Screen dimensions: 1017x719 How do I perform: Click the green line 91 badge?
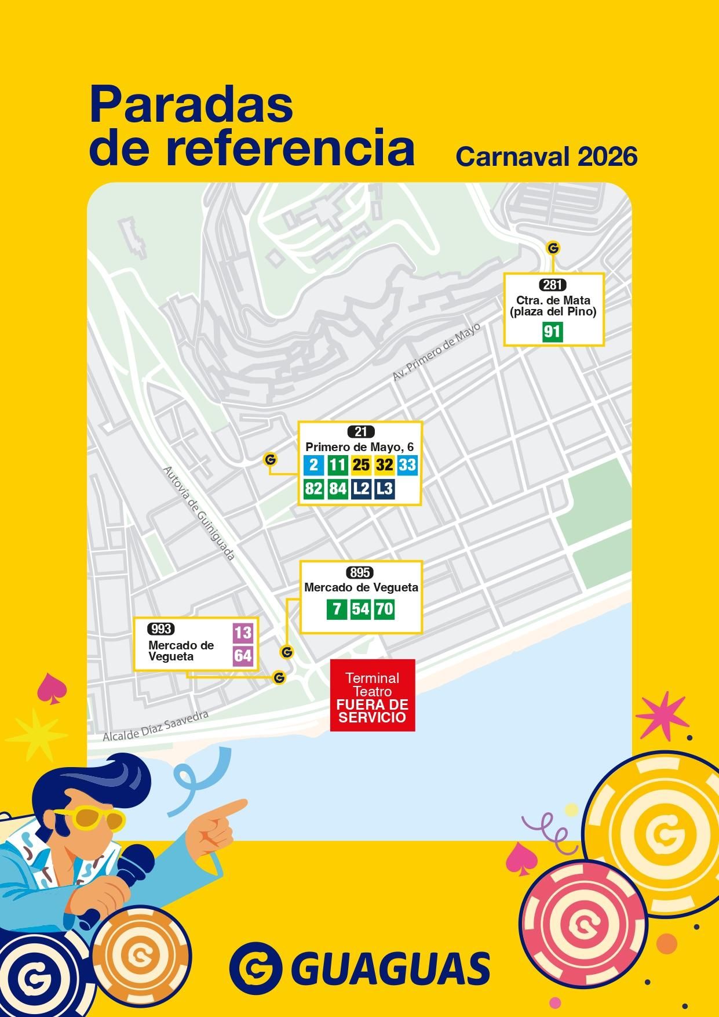552,332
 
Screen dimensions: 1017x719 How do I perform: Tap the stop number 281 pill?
553,285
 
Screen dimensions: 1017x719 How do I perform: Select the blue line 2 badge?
313,465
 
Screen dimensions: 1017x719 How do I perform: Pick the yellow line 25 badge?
361,465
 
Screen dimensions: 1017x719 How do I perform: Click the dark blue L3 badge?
384,489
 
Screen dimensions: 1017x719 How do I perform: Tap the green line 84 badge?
337,489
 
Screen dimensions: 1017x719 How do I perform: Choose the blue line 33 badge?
408,465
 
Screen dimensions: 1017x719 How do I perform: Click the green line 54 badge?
360,609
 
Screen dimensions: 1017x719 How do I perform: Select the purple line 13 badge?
243,633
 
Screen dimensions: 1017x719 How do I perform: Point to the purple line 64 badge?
243,656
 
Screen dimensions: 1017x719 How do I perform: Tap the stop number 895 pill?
360,573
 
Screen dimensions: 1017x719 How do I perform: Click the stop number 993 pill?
161,629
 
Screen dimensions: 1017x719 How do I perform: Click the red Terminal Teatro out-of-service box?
373,695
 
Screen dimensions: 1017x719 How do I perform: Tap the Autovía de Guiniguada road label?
199,514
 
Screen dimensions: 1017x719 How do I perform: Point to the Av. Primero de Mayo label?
437,352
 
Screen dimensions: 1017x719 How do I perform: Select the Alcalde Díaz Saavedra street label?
155,726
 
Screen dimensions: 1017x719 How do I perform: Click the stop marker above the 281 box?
553,248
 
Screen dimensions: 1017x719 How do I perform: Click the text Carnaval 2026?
546,156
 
